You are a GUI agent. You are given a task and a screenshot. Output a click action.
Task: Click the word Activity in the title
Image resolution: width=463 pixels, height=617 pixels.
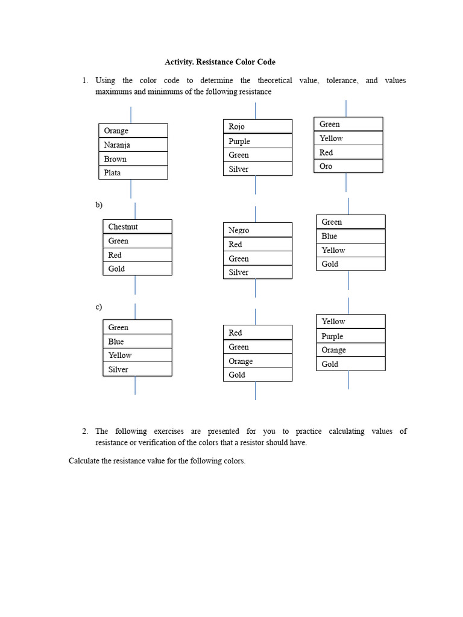179,62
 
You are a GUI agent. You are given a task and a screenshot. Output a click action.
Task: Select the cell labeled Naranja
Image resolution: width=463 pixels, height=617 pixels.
133,145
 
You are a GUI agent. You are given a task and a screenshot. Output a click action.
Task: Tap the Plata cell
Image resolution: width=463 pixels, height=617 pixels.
133,173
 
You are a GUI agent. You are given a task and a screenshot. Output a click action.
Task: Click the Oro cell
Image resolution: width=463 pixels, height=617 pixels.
348,166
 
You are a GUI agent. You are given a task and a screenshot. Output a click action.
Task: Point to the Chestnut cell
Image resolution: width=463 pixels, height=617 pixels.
137,227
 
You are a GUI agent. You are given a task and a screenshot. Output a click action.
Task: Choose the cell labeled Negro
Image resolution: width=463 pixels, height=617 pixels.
257,230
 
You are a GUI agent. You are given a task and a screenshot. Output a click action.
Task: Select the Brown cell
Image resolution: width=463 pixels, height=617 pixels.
133,159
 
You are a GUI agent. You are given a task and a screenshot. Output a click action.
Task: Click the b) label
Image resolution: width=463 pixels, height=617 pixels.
99,205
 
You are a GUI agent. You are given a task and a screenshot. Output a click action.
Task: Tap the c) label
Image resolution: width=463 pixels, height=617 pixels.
99,307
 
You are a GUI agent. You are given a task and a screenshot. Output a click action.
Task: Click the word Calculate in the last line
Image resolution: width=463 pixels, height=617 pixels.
86,462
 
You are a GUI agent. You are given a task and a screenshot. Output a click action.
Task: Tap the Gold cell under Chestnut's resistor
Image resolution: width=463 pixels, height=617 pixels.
137,269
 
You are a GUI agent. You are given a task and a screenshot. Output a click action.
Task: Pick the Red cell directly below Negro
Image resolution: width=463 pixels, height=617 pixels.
257,245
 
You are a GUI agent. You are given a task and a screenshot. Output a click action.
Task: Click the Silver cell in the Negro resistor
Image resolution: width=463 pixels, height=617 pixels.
257,272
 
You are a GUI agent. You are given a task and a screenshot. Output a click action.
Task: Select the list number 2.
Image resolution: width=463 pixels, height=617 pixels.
85,431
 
